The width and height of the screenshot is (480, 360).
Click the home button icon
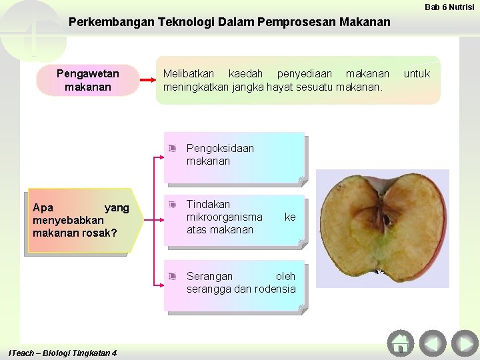(401, 343)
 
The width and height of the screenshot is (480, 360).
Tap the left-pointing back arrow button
(433, 343)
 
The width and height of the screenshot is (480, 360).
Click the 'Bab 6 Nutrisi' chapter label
(449, 7)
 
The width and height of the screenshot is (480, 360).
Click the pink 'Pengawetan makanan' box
(88, 80)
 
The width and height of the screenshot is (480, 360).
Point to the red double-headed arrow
(148, 80)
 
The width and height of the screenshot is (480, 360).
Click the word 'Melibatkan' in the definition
(187, 73)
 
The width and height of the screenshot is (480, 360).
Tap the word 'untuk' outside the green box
(417, 73)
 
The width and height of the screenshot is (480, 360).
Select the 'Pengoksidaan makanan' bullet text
(220, 155)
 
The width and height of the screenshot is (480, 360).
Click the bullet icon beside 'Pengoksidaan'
(172, 149)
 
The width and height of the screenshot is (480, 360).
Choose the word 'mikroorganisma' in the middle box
(225, 217)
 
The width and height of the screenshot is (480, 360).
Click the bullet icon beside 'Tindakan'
(172, 204)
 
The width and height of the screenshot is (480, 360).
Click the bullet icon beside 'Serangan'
(172, 276)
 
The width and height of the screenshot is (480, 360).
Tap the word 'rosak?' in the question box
(99, 233)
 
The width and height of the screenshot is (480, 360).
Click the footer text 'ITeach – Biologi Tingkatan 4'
(61, 353)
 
